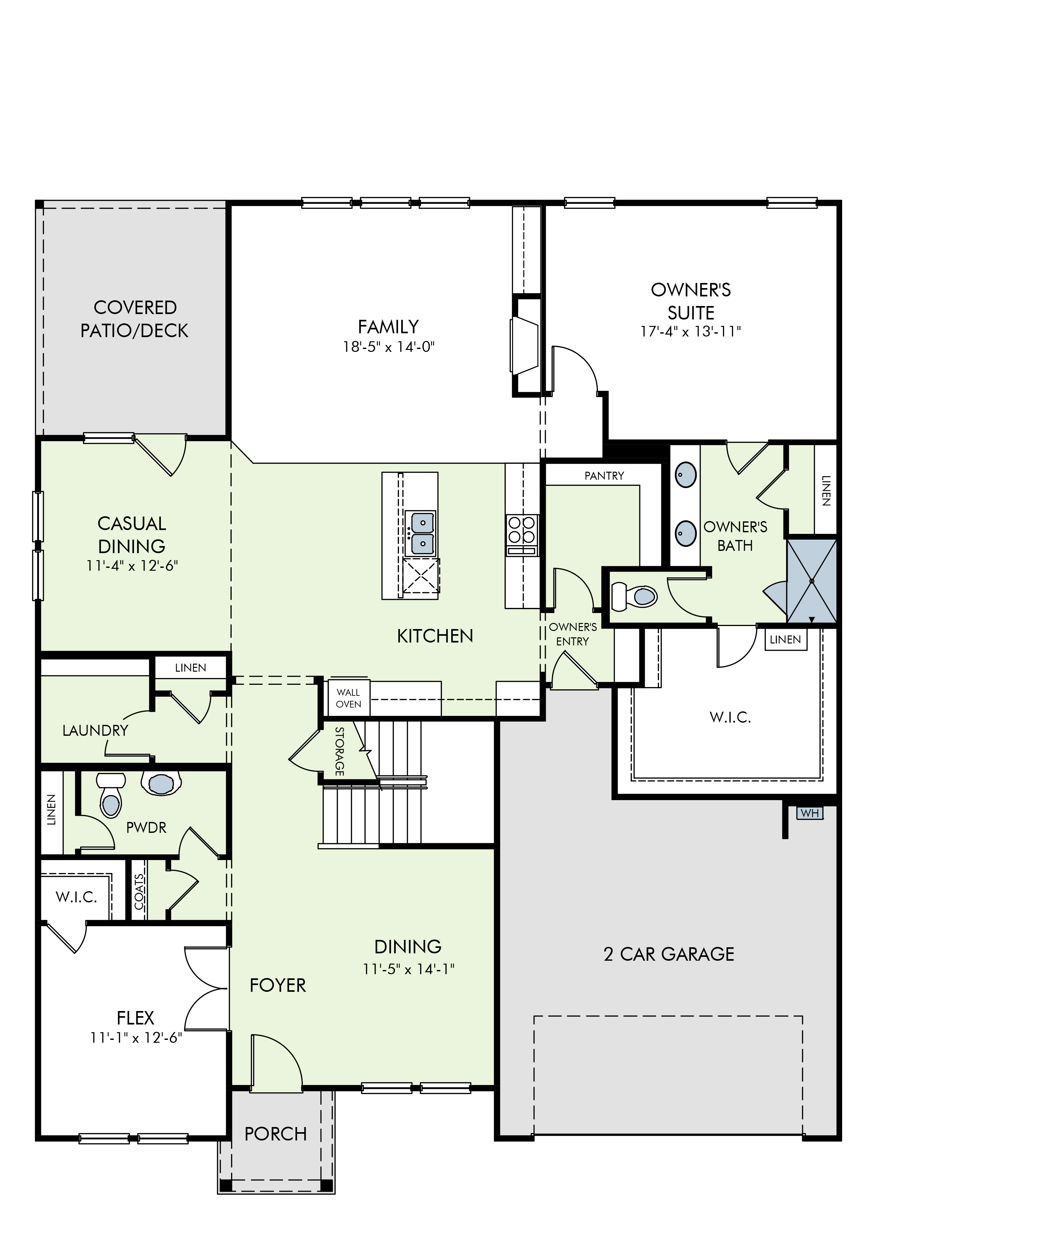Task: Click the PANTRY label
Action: tap(604, 476)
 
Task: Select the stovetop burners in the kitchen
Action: tap(522, 535)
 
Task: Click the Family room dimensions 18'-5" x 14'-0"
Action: tap(389, 346)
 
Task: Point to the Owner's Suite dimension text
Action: tap(690, 331)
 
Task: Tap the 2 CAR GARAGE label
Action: tap(669, 954)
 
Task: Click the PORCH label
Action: tap(275, 1133)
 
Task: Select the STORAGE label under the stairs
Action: tap(339, 751)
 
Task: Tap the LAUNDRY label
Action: tap(95, 730)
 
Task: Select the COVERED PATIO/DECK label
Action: tap(135, 319)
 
